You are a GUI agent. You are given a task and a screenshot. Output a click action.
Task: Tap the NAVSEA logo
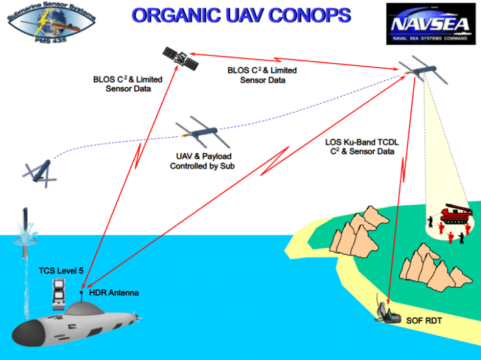click(430, 24)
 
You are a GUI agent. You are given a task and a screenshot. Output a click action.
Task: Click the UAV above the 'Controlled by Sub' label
click(200, 132)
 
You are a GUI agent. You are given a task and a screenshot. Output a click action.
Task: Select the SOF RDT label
click(423, 321)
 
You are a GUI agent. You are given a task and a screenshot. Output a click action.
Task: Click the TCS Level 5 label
click(61, 270)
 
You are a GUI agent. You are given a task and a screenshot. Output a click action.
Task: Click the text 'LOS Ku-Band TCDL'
click(362, 142)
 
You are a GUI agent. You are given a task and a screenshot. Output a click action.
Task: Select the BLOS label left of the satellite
click(127, 84)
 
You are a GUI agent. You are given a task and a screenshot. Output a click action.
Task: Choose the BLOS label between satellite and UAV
click(262, 75)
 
